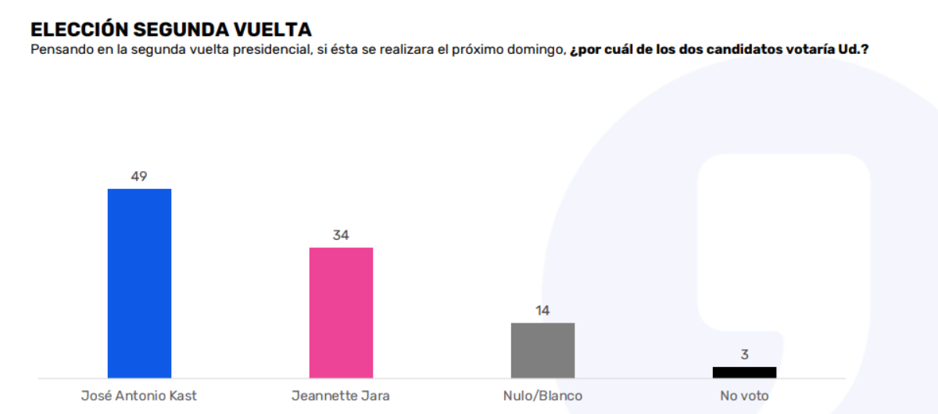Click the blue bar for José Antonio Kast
tap(139, 284)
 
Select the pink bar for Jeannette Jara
tap(341, 312)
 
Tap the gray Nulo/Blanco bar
tap(542, 350)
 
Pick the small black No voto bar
tap(744, 373)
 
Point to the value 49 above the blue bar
tap(139, 177)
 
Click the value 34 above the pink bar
tap(341, 235)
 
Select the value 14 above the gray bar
tap(542, 310)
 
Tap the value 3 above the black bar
tap(744, 355)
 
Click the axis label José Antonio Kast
tap(139, 395)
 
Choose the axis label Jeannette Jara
tap(341, 395)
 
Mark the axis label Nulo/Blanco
tap(542, 395)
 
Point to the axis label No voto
tap(744, 395)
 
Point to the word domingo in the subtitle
tap(536, 50)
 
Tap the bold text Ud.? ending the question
tap(854, 50)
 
